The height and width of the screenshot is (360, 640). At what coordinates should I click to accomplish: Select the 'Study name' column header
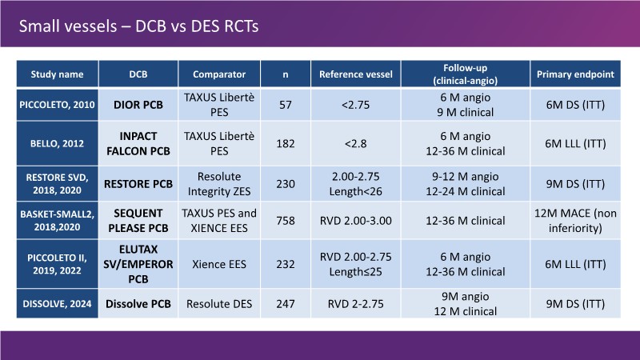coord(57,74)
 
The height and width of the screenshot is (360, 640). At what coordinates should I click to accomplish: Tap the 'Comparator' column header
coord(218,74)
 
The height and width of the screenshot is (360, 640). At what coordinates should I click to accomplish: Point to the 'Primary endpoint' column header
coord(576,74)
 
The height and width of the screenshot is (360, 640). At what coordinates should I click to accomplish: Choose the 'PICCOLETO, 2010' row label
coord(57,105)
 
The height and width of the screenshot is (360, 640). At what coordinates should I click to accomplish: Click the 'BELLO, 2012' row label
coord(57,142)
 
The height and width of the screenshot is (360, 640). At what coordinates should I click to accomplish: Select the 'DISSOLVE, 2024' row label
coord(57,305)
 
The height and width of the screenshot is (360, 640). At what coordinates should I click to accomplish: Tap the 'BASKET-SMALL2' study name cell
coord(57,220)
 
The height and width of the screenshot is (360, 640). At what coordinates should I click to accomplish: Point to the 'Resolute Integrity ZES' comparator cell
coord(218,181)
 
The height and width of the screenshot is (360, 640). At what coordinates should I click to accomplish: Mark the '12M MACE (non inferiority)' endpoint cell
coord(576,220)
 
